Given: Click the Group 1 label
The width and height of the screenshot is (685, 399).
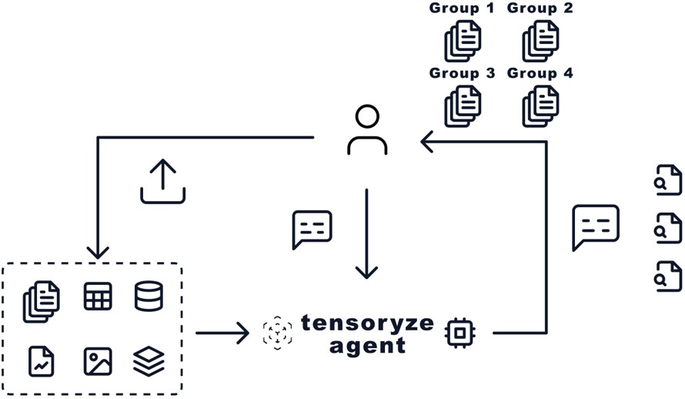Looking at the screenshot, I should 462,9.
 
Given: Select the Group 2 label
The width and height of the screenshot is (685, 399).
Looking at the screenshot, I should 540,9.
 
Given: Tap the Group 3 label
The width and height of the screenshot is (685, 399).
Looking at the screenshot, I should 462,73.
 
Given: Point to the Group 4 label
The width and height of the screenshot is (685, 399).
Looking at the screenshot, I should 540,73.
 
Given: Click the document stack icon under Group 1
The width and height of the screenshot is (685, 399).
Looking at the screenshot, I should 463,41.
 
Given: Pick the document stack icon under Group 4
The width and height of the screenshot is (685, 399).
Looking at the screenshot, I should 541,106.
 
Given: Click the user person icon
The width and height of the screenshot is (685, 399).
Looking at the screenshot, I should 367,132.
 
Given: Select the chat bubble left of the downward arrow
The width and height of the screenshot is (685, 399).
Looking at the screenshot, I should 312,229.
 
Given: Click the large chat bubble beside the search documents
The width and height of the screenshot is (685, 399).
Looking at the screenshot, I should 596,227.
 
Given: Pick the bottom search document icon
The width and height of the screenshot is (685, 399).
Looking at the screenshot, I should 667,275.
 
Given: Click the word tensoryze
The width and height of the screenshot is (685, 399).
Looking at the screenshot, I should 367,322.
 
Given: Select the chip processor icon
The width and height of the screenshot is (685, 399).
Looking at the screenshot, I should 459,333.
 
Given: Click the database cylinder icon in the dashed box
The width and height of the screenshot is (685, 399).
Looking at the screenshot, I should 149,296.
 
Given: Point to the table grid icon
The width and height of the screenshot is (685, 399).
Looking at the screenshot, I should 98,296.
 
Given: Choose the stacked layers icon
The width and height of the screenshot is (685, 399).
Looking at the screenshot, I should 149,360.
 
